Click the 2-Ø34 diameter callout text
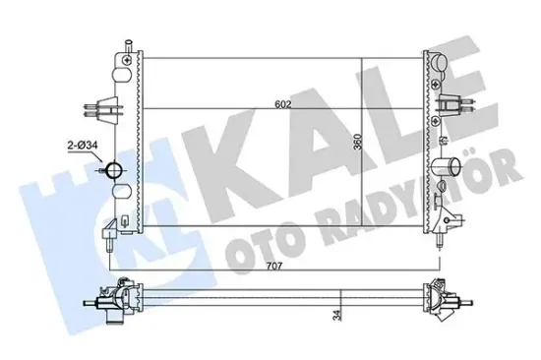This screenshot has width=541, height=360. pos(81,148)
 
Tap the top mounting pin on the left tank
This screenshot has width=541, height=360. pos(127,50)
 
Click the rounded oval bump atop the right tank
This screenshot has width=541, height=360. pos(439,67)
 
